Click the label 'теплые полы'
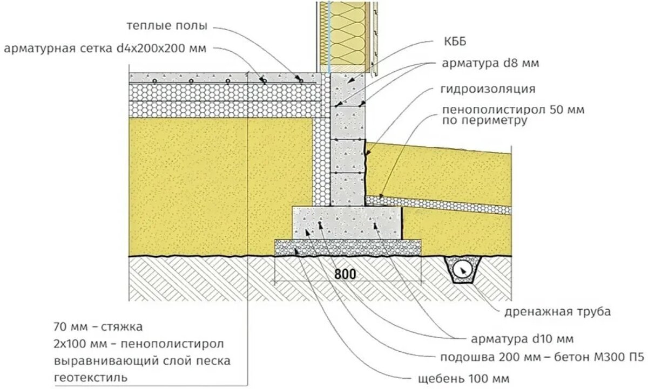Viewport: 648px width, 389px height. [x=167, y=26]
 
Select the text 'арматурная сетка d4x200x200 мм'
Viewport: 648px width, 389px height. [x=105, y=48]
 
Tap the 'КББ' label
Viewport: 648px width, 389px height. [x=455, y=42]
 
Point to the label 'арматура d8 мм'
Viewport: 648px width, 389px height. [x=491, y=63]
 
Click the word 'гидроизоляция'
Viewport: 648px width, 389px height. [x=488, y=88]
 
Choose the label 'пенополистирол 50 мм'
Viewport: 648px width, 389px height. [x=513, y=110]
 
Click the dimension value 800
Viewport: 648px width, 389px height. [x=345, y=274]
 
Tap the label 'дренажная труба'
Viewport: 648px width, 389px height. [x=558, y=312]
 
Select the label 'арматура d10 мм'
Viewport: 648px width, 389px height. [x=523, y=339]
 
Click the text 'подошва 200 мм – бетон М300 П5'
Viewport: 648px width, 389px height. [x=542, y=358]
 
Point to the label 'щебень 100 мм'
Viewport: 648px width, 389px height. [x=463, y=379]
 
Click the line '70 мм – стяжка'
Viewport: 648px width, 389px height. [x=98, y=327]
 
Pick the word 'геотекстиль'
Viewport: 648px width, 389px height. [x=91, y=378]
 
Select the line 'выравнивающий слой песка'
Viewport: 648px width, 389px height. [x=143, y=361]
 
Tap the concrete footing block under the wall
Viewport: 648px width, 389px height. [x=347, y=222]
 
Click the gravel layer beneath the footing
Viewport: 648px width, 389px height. [x=348, y=248]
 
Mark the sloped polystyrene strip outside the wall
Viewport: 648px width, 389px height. [x=438, y=204]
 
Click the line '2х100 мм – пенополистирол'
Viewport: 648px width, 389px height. [x=139, y=344]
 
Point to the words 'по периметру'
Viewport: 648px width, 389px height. [x=484, y=120]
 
